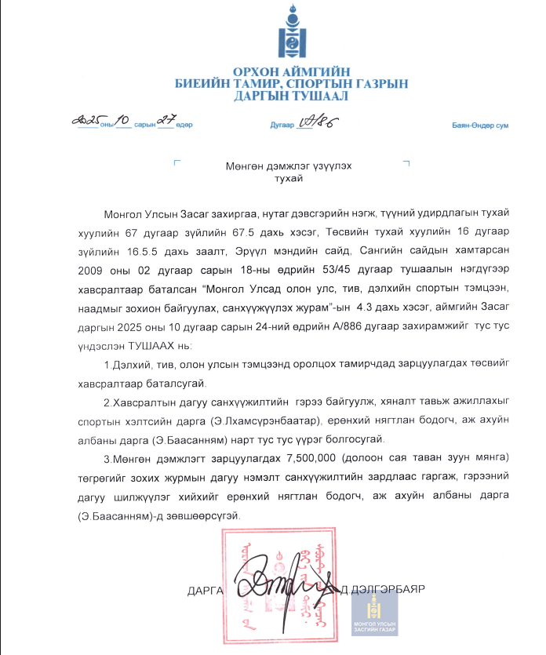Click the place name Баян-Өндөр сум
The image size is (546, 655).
[x=479, y=126]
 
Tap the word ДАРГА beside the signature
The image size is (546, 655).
[x=206, y=588]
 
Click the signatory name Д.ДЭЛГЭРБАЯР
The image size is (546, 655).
[x=382, y=588]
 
